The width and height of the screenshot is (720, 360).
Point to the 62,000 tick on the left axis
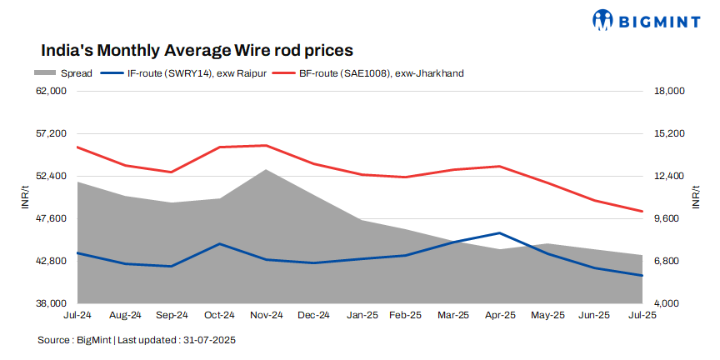pyautogui.click(x=52, y=91)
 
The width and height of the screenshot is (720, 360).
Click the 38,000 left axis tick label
pyautogui.click(x=52, y=303)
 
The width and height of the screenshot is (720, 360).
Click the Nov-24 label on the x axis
pyautogui.click(x=266, y=316)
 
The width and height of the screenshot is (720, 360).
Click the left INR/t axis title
pyautogui.click(x=25, y=197)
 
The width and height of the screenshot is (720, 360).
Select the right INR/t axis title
pyautogui.click(x=696, y=197)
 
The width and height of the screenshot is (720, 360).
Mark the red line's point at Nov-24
pyautogui.click(x=266, y=146)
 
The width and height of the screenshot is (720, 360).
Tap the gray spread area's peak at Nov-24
pyautogui.click(x=266, y=170)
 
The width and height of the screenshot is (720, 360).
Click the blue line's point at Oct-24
pyautogui.click(x=218, y=244)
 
